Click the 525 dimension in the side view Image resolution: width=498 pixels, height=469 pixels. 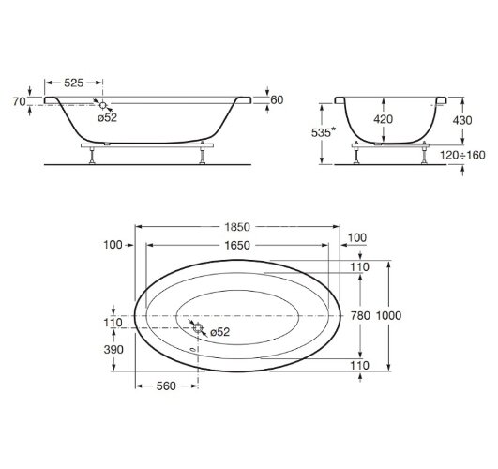pos(74,83)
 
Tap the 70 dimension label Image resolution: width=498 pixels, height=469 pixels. pos(19,101)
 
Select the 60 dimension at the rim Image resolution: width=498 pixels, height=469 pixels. pos(277,99)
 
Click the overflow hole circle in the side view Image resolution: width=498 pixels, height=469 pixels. pos(103,105)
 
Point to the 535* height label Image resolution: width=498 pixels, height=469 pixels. pos(323,132)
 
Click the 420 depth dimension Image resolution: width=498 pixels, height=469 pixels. pos(383,119)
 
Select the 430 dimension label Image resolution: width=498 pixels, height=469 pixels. pos(462,120)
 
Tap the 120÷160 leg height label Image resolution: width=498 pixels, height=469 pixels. pos(462,155)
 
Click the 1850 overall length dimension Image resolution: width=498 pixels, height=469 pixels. pos(237,227)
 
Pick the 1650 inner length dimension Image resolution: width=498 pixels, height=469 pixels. pos(237,246)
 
